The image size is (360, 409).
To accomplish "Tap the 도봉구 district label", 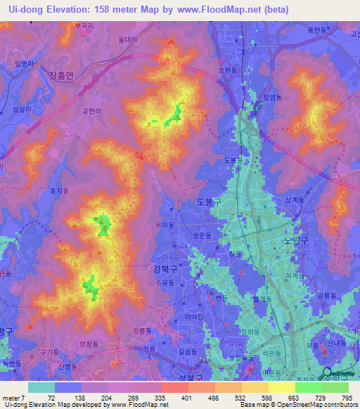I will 210,202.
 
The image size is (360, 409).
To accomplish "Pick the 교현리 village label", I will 92,111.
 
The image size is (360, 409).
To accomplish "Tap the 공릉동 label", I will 326,296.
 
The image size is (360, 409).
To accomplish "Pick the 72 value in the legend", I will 51,398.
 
